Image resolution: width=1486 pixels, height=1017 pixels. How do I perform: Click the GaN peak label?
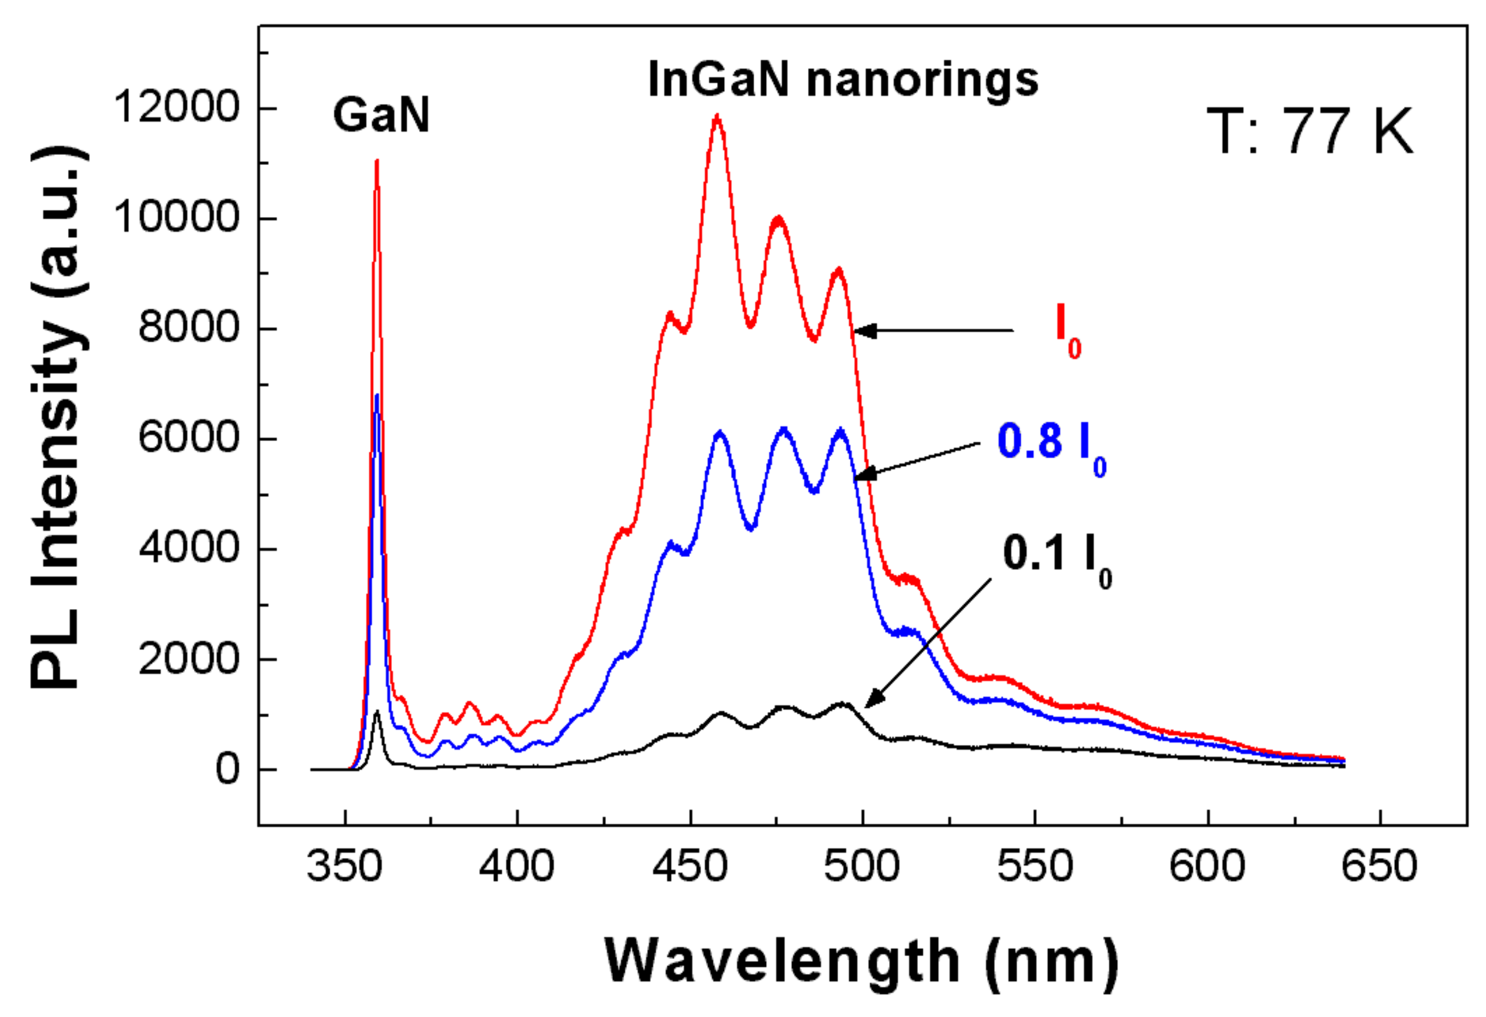point(381,116)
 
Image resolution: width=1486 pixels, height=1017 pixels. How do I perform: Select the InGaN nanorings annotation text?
point(843,80)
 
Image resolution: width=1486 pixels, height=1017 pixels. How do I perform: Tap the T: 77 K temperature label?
point(1309,132)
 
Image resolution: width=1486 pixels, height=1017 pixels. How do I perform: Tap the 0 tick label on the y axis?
point(227,769)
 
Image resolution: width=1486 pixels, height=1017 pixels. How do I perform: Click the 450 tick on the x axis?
point(690,867)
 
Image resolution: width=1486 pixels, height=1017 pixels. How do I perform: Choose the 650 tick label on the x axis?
point(1380,867)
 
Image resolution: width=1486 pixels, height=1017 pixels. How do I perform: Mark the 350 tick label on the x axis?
point(345,867)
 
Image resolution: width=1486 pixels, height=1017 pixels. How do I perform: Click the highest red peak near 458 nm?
point(717,116)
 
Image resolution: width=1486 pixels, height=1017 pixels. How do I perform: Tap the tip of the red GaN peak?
point(377,161)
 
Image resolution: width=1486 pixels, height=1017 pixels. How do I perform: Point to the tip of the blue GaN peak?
point(377,396)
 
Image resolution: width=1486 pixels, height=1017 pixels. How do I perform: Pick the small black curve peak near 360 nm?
point(377,711)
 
